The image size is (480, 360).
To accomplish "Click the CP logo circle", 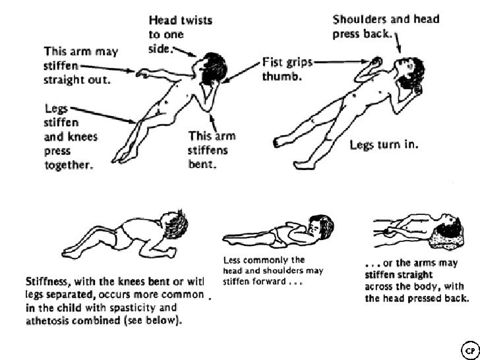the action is (469, 347).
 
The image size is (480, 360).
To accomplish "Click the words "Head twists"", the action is (180, 20).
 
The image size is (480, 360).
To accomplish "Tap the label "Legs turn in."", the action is (383, 144).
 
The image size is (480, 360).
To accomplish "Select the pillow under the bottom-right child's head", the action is (453, 235).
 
